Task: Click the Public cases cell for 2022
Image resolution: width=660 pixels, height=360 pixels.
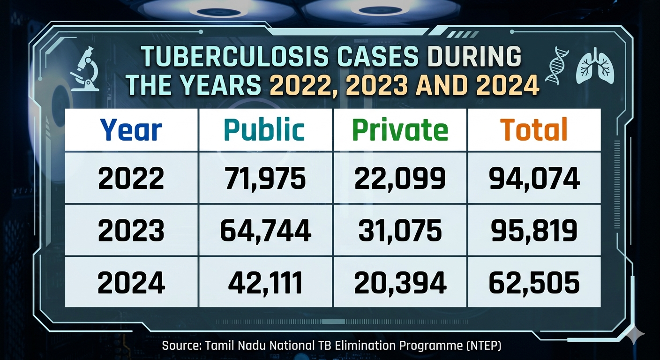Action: (x=266, y=178)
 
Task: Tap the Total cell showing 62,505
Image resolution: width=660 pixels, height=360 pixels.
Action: (x=534, y=283)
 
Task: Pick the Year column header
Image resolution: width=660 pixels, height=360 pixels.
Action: (x=131, y=130)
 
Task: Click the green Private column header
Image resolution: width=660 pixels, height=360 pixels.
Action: (x=400, y=130)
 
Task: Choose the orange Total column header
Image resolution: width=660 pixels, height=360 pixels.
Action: (x=533, y=130)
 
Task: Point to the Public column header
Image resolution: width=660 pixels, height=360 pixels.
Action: (x=265, y=130)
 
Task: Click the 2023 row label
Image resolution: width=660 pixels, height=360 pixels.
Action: (x=131, y=231)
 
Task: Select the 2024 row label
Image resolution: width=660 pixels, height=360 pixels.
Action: (x=131, y=283)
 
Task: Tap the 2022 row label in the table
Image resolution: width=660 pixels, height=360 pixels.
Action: (x=131, y=178)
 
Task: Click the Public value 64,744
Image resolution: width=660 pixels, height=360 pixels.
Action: (x=266, y=231)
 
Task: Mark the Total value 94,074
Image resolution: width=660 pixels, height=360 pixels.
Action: (x=534, y=178)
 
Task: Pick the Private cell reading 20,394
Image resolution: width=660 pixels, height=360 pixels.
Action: (x=400, y=283)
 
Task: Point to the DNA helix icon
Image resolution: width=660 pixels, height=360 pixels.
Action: (x=560, y=66)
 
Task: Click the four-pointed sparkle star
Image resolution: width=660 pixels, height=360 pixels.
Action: (x=634, y=334)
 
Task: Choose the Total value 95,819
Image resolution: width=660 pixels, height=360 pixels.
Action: (x=534, y=231)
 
